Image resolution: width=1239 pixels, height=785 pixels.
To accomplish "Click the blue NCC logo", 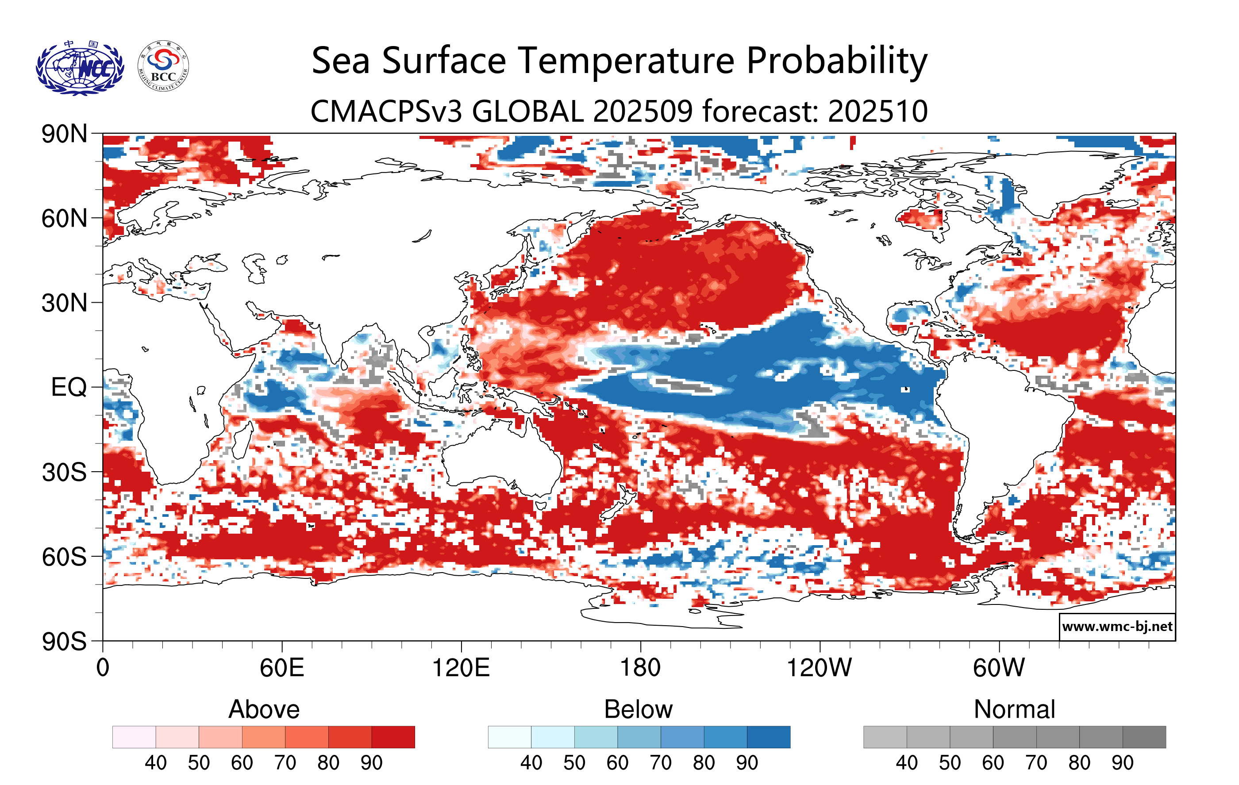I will point(80,67).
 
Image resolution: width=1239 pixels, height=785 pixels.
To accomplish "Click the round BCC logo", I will point(163,66).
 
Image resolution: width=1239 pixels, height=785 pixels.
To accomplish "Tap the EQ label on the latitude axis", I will point(69,387).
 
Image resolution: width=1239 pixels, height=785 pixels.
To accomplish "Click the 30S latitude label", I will point(64,472).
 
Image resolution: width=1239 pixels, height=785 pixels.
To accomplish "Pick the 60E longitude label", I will point(281,668).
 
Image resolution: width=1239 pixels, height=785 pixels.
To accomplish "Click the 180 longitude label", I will point(640,668).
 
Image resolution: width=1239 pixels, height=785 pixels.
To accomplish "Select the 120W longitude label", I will point(819,668).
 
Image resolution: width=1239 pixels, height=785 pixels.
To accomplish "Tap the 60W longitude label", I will point(999,668).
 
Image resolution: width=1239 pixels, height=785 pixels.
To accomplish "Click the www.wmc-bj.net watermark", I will point(1117,627).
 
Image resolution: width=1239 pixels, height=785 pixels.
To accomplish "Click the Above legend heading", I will point(264,709).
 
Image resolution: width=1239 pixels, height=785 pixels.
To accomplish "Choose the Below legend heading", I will point(638,709).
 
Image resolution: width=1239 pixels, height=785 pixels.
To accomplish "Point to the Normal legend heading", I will point(1014,709).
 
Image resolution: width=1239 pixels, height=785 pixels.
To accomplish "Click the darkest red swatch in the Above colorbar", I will point(393,737).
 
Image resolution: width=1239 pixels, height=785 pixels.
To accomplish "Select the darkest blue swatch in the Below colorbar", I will point(768,737).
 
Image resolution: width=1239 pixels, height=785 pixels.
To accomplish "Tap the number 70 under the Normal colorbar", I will point(1036,763).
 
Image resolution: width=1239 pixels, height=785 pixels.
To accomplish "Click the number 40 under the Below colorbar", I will point(531,763).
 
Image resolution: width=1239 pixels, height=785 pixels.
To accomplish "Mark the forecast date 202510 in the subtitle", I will point(878,111).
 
